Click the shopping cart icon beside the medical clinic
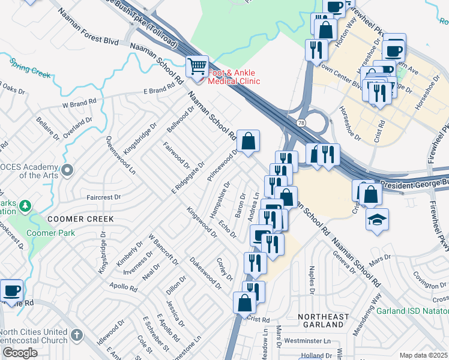(x=197, y=66)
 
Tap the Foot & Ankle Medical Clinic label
(x=234, y=77)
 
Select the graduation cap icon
(x=377, y=220)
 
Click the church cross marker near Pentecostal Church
(x=76, y=334)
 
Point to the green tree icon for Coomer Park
(x=25, y=206)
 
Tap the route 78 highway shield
(x=300, y=122)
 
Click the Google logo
(x=19, y=353)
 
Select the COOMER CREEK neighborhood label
(x=73, y=219)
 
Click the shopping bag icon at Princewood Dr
(x=248, y=142)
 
